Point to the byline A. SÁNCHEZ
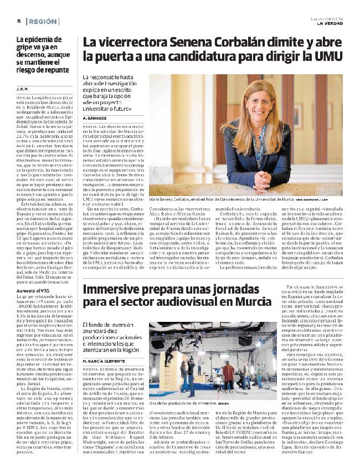(x=94, y=118)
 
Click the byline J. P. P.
(x=22, y=87)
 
